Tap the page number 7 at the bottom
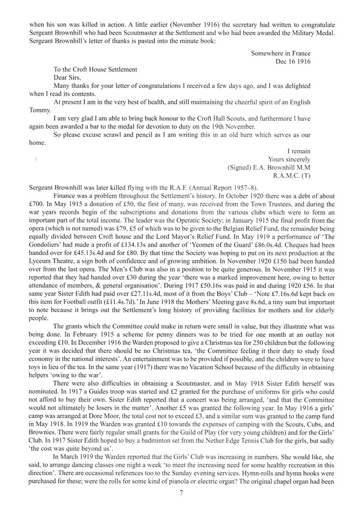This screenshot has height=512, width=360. click(x=181, y=492)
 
